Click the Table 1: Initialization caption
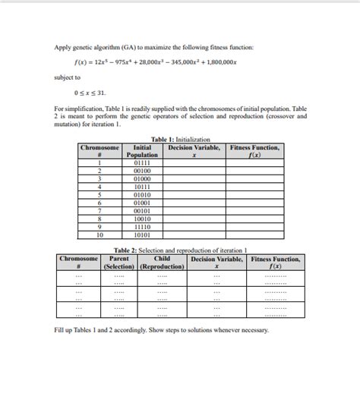(180, 140)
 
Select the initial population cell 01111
(142, 162)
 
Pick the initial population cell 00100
(142, 171)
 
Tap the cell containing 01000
(142, 178)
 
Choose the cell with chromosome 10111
(142, 187)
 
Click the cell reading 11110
(142, 227)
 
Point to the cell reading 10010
(142, 219)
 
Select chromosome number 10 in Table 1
(100, 235)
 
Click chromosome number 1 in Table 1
(100, 162)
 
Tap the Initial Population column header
(142, 151)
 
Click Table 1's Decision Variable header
(194, 151)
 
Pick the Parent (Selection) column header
(119, 263)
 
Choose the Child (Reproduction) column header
(163, 263)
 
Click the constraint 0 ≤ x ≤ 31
(90, 93)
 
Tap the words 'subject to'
(68, 77)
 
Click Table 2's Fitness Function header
(276, 263)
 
